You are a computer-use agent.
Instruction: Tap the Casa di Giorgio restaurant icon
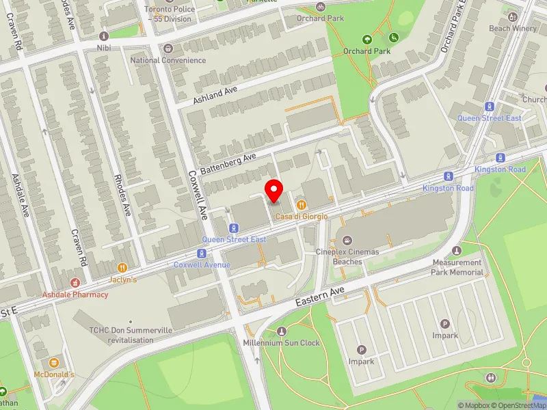pos(301,204)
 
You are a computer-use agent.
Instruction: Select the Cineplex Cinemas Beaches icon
pos(348,240)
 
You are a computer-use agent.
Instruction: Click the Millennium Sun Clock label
pos(281,342)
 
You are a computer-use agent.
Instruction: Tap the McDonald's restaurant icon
pos(55,362)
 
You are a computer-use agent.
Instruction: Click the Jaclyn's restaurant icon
pos(123,268)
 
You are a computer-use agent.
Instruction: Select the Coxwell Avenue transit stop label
pos(202,264)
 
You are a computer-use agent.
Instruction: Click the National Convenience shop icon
pos(168,49)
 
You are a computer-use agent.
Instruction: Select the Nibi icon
pos(104,36)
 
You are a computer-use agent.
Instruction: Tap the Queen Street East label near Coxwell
pos(234,239)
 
